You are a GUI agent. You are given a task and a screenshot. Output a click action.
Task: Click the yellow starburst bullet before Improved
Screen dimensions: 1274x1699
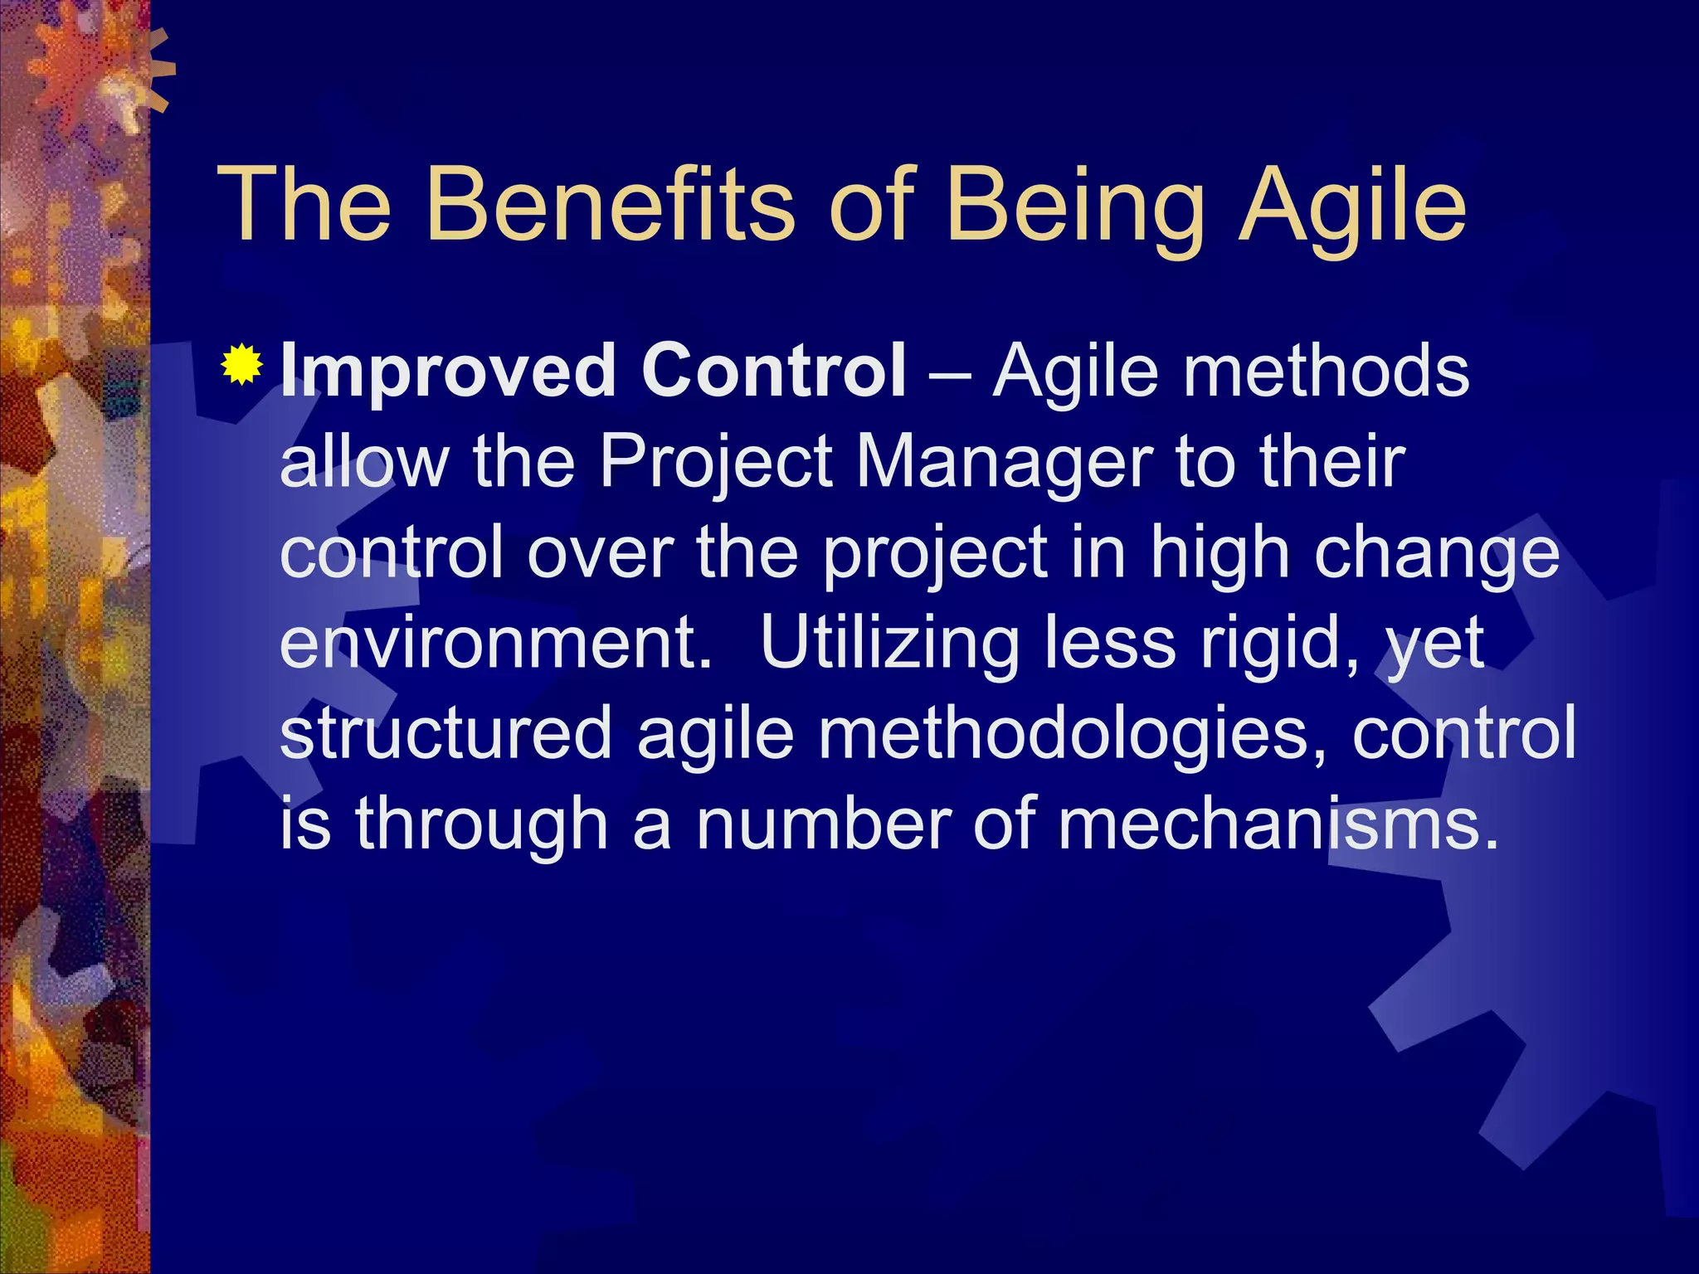[242, 365]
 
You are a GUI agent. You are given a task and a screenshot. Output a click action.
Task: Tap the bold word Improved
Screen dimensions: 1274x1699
[447, 373]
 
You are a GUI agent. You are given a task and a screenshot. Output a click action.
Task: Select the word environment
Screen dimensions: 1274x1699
[496, 644]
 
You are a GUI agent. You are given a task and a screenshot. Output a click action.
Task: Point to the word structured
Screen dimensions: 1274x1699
[445, 733]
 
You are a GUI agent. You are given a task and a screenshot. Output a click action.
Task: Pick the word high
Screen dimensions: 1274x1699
[1219, 554]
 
